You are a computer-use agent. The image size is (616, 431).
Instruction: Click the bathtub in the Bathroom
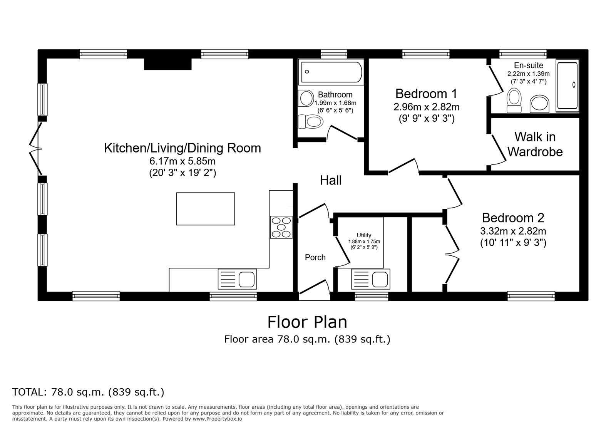(x=331, y=72)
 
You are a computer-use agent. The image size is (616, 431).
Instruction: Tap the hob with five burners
(x=281, y=227)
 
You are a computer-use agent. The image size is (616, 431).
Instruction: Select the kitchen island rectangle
(x=206, y=209)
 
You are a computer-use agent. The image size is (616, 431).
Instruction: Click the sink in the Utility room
(x=370, y=279)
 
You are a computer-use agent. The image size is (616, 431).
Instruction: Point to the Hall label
(x=331, y=180)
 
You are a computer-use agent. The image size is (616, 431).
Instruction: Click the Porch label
(x=315, y=257)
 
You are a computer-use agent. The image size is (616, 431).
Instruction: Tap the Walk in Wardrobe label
(x=535, y=144)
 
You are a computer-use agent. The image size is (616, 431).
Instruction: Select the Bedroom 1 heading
(x=426, y=94)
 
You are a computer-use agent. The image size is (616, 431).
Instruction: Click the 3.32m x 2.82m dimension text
(x=513, y=231)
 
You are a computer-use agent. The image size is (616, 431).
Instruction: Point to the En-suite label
(x=529, y=65)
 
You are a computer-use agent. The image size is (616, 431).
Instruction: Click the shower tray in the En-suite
(x=567, y=86)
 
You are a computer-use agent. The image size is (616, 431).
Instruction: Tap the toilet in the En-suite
(x=514, y=101)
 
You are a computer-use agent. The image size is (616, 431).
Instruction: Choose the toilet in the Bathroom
(x=310, y=121)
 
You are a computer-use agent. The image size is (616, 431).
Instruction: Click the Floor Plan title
(x=307, y=322)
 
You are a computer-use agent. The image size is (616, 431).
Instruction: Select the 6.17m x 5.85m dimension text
(x=182, y=161)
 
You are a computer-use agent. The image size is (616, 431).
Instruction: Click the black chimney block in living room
(x=168, y=64)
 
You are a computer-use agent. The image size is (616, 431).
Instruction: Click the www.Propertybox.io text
(x=217, y=419)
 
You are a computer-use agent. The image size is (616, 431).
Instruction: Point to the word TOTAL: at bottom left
(x=29, y=392)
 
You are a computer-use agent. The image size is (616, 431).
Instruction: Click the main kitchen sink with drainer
(x=237, y=279)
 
